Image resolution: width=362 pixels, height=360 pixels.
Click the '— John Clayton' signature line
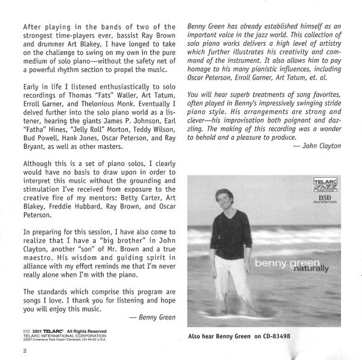point(315,146)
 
